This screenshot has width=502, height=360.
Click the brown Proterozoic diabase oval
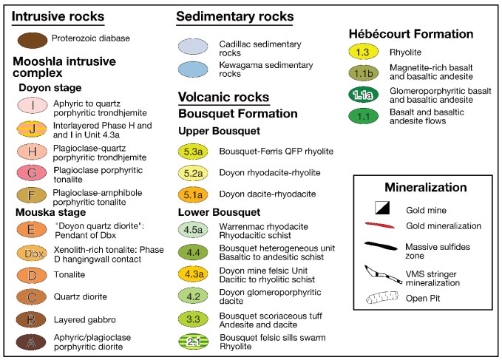[33, 41]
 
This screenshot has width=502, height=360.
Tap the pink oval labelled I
[33, 106]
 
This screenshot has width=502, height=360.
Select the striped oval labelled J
[32, 129]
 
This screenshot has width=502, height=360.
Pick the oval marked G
[32, 173]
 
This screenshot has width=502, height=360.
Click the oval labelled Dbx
[32, 254]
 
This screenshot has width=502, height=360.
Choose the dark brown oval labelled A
[31, 342]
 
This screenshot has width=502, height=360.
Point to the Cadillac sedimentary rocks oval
[193, 47]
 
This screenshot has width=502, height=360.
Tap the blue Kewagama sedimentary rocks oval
[193, 69]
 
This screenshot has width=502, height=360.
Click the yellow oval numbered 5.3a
[193, 152]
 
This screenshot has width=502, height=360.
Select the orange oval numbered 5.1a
[193, 194]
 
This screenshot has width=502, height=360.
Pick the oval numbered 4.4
[193, 253]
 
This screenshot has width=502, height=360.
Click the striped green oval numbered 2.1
[194, 342]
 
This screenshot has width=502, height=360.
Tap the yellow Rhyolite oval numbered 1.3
[363, 52]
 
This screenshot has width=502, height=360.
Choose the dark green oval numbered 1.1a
[363, 95]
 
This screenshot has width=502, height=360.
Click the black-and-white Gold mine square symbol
[382, 208]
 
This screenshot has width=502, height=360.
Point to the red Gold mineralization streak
[380, 225]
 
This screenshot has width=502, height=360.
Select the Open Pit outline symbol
[382, 297]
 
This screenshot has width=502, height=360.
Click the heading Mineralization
[426, 187]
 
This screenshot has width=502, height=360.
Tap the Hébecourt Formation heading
[411, 34]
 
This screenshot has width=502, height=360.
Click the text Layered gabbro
[85, 319]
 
